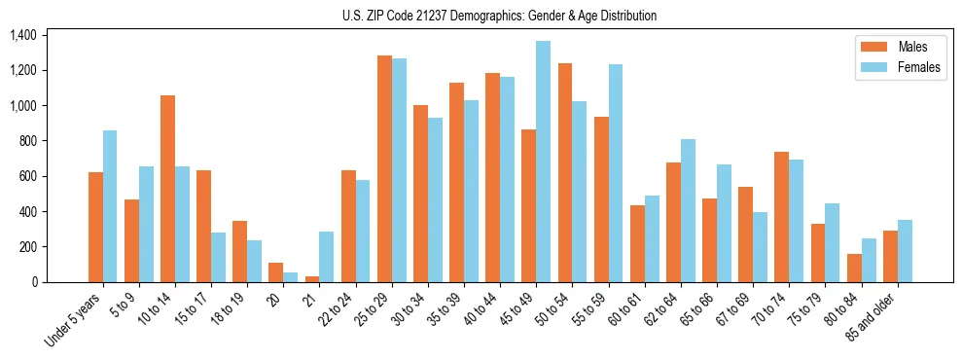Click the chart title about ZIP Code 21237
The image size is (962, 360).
point(499,16)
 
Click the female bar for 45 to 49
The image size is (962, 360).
point(543,162)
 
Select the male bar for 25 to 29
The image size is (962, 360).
point(384,169)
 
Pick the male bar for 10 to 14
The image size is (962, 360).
point(167,189)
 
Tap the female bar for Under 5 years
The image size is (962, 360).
point(110,206)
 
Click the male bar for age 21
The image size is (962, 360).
point(312,279)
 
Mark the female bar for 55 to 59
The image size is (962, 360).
point(616,173)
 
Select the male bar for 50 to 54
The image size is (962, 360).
point(565,173)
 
